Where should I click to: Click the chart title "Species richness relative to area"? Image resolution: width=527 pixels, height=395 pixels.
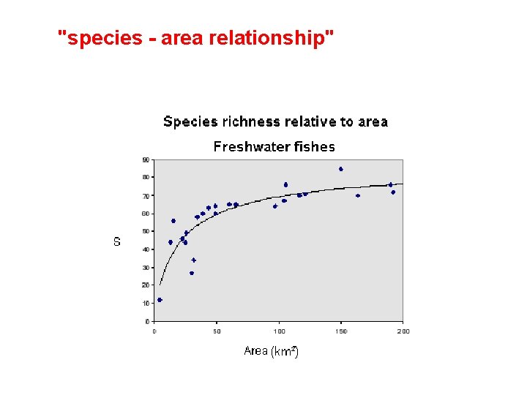coord(275,121)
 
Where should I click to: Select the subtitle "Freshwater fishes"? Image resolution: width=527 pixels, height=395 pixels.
coord(274,146)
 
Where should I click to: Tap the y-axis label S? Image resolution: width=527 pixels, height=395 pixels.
coord(117,241)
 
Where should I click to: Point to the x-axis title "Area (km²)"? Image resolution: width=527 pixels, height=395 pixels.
coord(271,351)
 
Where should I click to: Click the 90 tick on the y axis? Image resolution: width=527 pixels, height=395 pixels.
coord(146,159)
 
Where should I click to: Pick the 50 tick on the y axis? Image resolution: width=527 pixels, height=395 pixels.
coord(146,231)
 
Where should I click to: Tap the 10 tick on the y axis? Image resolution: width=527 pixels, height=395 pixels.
coord(146,303)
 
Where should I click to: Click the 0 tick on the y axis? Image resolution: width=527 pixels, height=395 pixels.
coord(147,321)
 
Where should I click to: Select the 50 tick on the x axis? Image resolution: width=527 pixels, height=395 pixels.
coord(217,331)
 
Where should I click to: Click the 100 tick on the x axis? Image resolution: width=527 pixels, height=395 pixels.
coord(279,331)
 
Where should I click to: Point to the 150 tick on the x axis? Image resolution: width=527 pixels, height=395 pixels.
coord(341,331)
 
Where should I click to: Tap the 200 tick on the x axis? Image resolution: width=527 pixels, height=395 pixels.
coord(403,331)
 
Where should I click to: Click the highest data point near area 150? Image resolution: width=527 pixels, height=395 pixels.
coord(341,169)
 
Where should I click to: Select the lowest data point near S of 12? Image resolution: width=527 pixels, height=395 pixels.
coord(160,300)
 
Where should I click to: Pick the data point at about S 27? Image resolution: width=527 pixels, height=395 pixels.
coord(192,273)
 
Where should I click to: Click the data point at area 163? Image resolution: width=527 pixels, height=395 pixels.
coord(358,195)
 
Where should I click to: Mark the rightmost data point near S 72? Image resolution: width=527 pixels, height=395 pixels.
coord(393,192)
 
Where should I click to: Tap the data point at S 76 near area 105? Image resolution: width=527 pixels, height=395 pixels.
coord(285,184)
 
